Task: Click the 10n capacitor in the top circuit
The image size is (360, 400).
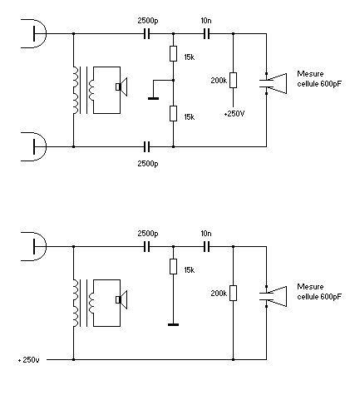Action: coord(206,34)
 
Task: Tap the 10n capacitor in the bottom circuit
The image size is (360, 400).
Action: coord(206,246)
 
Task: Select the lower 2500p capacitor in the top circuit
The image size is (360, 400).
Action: coord(147,146)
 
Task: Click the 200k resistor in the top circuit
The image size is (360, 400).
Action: coord(233,80)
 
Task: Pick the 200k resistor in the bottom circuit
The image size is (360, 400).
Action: coord(233,293)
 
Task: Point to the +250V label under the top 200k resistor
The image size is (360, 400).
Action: coord(234,114)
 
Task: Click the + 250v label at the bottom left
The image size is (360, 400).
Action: coord(29,360)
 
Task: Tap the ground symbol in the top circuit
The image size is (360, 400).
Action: coord(153,98)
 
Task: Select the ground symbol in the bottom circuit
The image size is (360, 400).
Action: coord(173,324)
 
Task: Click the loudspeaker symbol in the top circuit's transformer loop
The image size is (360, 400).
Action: coord(121,86)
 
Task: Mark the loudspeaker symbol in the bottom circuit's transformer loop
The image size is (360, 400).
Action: coord(121,299)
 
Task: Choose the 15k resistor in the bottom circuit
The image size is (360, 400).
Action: coord(173,266)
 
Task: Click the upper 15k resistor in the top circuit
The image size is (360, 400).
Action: coord(173,53)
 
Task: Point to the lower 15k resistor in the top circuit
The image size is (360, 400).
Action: coord(173,113)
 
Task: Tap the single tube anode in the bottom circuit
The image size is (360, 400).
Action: coord(34,246)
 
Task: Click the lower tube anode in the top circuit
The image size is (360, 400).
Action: coord(34,146)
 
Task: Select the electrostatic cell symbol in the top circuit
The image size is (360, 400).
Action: coord(273,83)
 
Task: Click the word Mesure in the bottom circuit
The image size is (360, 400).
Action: coord(310,287)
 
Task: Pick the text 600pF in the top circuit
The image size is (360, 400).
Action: coord(331,84)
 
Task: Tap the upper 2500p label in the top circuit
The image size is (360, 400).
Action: coord(148,21)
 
